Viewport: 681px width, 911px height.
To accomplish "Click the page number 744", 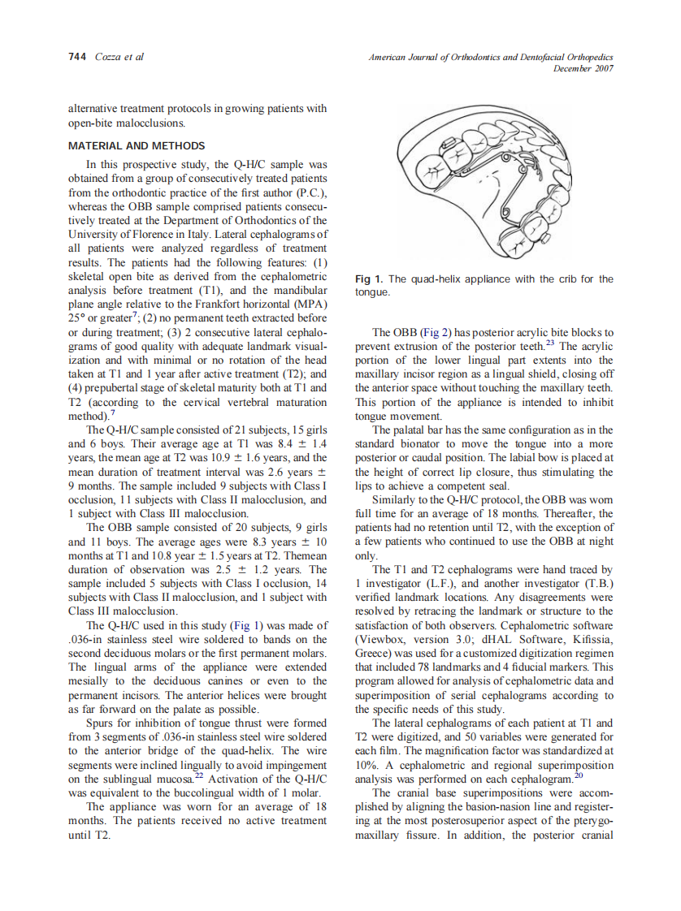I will (x=78, y=57).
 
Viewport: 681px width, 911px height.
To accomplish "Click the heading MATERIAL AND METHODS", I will (x=137, y=145).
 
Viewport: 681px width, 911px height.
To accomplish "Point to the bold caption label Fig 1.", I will (x=369, y=279).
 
